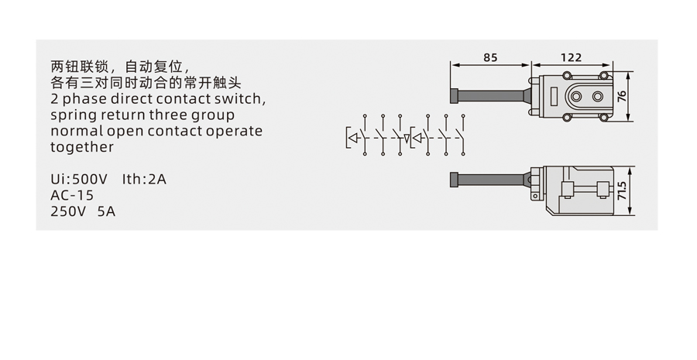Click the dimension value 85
click(489, 57)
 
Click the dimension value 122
click(570, 57)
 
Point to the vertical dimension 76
click(622, 97)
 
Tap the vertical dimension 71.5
click(622, 190)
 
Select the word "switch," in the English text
click(242, 100)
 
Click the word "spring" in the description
click(73, 116)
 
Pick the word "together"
click(82, 147)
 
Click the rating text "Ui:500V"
click(80, 180)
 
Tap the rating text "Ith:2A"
click(144, 180)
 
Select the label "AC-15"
click(72, 195)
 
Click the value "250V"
click(69, 211)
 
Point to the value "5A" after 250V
click(106, 211)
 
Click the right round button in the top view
click(598, 97)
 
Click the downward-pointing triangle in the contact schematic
click(407, 139)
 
